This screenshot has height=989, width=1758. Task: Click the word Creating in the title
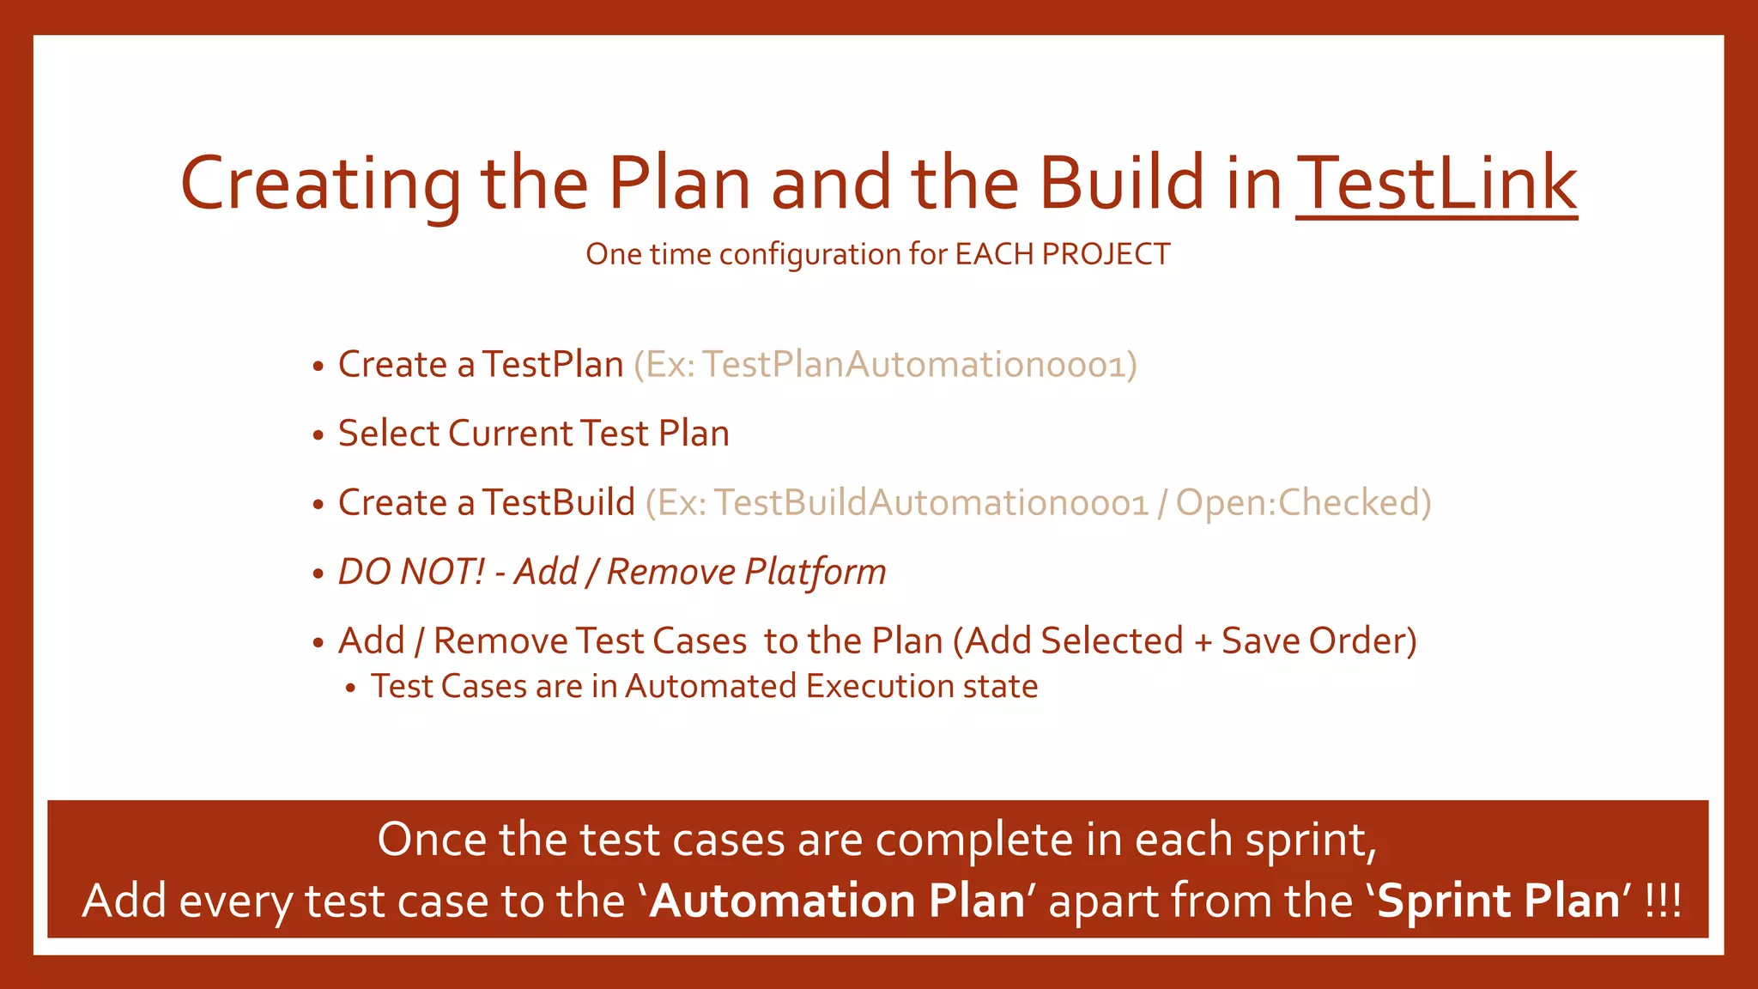[320, 185]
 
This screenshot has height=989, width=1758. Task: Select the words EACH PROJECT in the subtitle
[1062, 254]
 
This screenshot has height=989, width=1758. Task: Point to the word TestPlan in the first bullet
[552, 365]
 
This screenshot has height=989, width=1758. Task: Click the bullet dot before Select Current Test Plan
[318, 435]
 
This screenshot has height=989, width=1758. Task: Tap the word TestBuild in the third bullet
[558, 503]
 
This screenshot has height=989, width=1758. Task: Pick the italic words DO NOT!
[411, 572]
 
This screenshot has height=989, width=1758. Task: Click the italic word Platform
[815, 573]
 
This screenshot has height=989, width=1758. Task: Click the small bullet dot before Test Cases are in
[350, 689]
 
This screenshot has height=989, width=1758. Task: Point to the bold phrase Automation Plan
[837, 901]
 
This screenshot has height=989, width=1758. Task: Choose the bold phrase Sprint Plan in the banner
[1498, 901]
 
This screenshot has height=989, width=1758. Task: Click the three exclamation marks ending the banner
[1663, 901]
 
